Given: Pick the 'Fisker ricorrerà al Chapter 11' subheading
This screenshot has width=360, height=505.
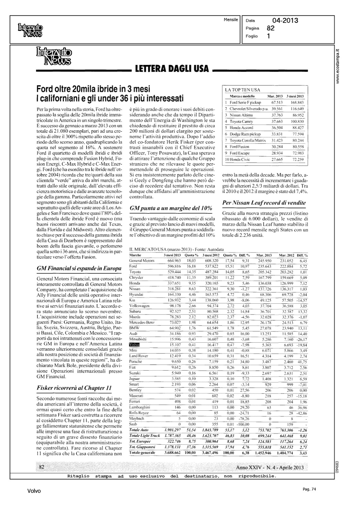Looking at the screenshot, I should point(74,388).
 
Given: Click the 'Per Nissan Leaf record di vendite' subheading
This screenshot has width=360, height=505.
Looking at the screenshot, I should point(264,203).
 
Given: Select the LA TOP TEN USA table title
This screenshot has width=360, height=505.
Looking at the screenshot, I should point(242,90).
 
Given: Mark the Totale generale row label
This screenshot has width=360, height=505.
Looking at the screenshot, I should point(142,452).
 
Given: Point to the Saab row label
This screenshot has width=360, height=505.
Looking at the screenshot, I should point(133,424).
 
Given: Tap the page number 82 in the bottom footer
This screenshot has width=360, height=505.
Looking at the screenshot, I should point(42,467).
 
